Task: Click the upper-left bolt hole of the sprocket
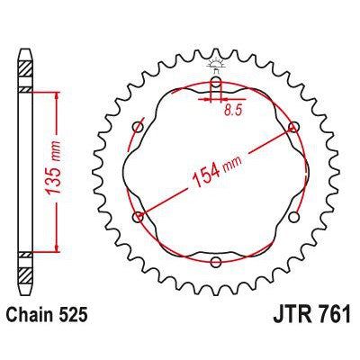[137, 124]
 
